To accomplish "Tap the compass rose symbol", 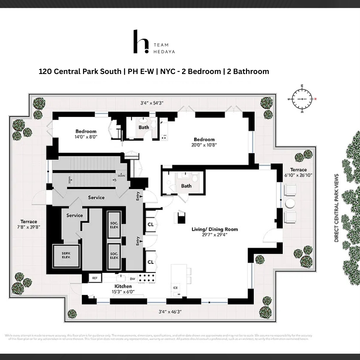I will [x=303, y=99].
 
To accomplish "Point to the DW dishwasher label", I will [x=132, y=278].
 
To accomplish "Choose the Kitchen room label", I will [x=123, y=286].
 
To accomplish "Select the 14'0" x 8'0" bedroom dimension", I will [x=86, y=137].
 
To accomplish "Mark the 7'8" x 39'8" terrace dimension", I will [x=29, y=227].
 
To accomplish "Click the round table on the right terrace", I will [x=290, y=203].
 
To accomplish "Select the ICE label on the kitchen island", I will [x=175, y=288].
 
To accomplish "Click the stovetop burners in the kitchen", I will [x=147, y=278].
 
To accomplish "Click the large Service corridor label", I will [x=96, y=197].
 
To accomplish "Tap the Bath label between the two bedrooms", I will [x=144, y=127].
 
